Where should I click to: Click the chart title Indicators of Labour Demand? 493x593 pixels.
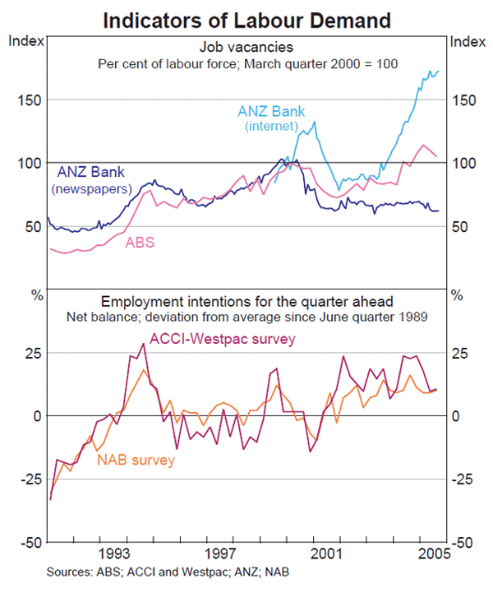coord(246,19)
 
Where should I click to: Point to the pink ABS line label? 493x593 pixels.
coord(140,243)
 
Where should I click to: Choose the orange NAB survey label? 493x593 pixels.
coord(136,460)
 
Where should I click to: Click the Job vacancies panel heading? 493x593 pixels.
coord(246,48)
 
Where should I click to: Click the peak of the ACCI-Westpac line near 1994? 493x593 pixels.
coord(143,343)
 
